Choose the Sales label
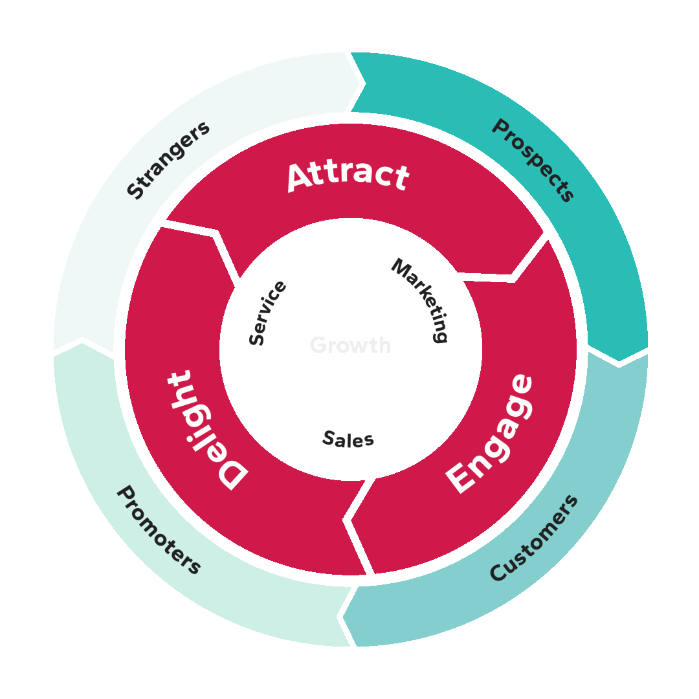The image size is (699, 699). [348, 439]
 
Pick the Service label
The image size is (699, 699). [267, 313]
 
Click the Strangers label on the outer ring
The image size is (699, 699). [168, 159]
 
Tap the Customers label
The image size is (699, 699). [533, 538]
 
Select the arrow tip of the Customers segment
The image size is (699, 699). [345, 616]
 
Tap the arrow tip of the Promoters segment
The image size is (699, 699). [83, 340]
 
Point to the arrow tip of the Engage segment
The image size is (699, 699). [349, 518]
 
